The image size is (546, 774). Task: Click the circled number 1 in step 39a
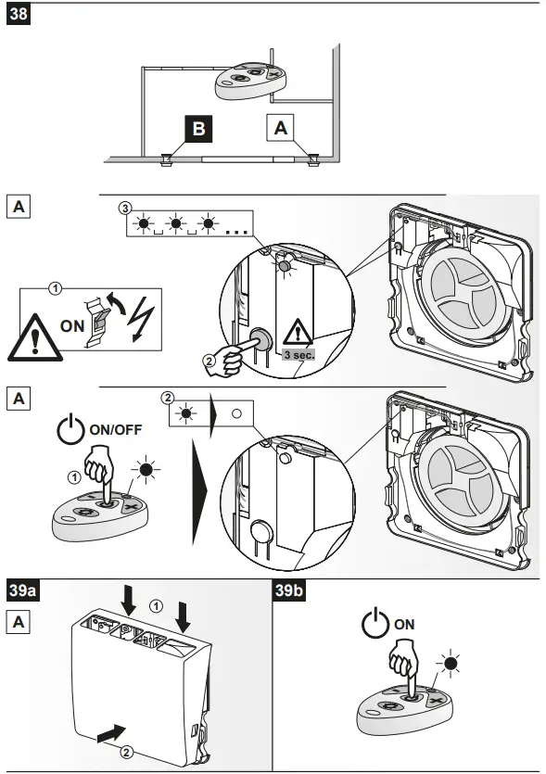pos(156,604)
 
